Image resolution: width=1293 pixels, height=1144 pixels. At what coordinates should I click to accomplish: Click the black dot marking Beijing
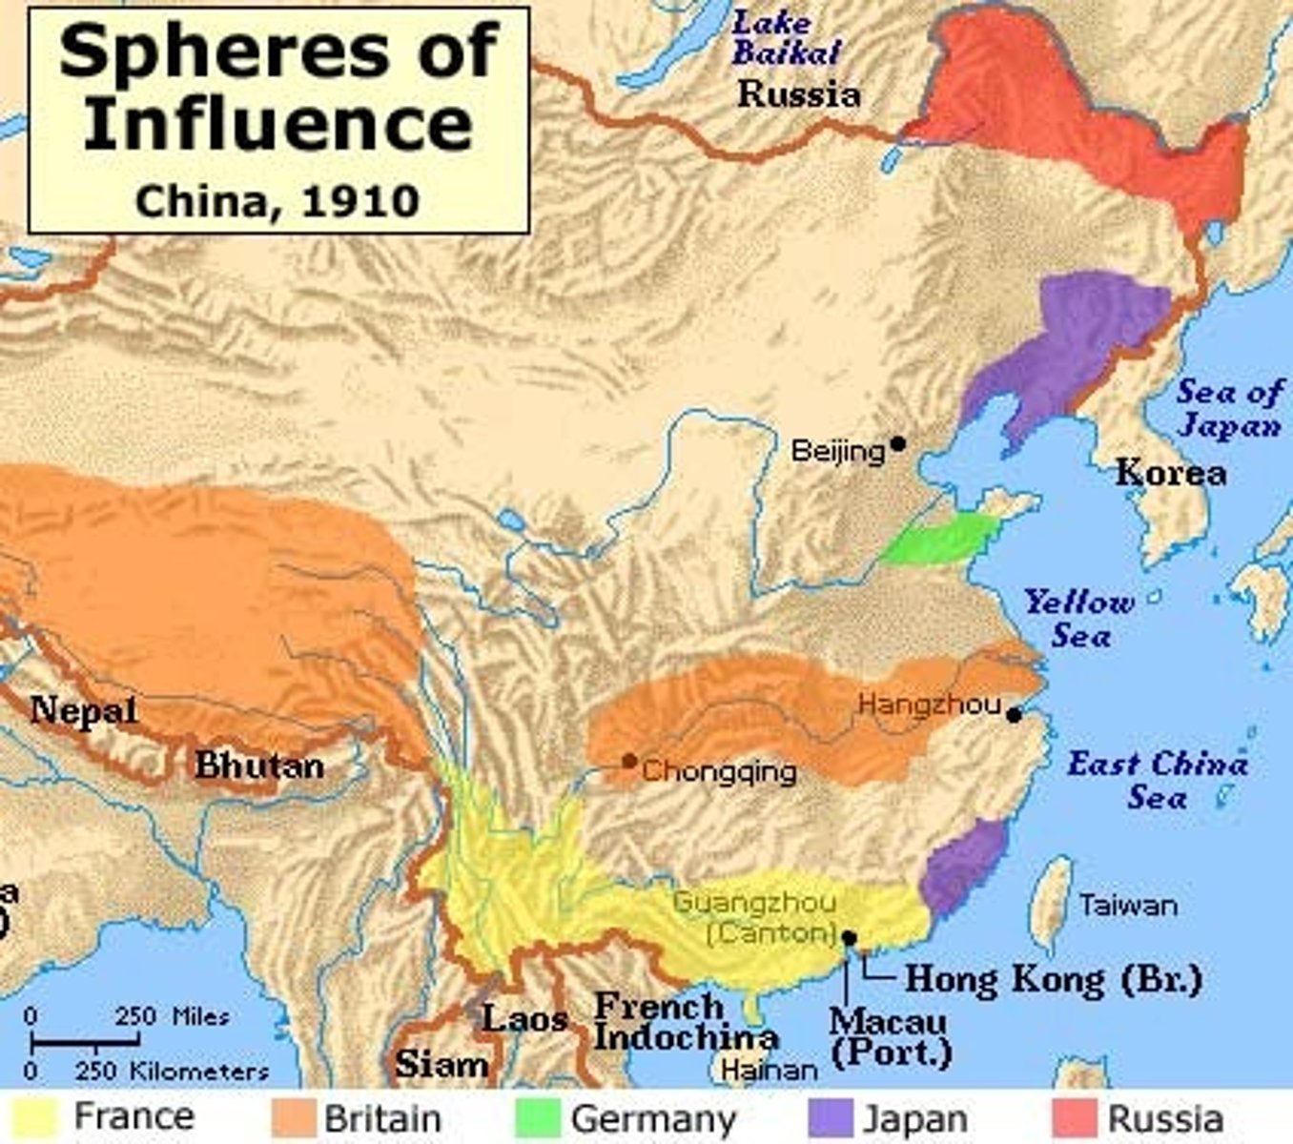click(897, 444)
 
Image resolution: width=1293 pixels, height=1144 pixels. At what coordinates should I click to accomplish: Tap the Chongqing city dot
click(629, 761)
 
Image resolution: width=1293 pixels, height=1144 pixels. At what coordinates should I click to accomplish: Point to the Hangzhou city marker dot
click(1014, 714)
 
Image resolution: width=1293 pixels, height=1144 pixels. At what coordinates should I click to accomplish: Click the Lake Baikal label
click(786, 38)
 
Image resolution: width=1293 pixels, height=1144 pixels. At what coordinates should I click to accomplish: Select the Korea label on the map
click(1170, 472)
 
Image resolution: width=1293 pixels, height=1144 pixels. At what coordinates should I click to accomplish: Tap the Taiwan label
click(1128, 905)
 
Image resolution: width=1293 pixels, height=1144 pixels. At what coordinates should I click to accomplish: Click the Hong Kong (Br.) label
click(1053, 979)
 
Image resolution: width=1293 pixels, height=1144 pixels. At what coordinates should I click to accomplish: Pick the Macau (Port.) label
click(889, 1035)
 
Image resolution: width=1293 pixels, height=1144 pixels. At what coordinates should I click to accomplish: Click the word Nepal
click(84, 710)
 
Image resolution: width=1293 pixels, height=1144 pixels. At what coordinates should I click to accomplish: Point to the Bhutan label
click(259, 766)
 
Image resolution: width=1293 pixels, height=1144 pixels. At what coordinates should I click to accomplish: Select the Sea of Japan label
click(1229, 408)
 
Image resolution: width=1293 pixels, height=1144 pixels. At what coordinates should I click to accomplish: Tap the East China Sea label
click(1157, 780)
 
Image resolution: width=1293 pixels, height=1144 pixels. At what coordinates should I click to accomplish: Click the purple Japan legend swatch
click(830, 1117)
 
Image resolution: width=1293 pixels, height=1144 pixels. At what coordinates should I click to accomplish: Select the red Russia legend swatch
click(1073, 1117)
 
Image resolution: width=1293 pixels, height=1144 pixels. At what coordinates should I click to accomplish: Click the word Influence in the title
click(277, 124)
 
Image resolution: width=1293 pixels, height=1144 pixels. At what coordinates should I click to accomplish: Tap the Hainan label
click(769, 1071)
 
